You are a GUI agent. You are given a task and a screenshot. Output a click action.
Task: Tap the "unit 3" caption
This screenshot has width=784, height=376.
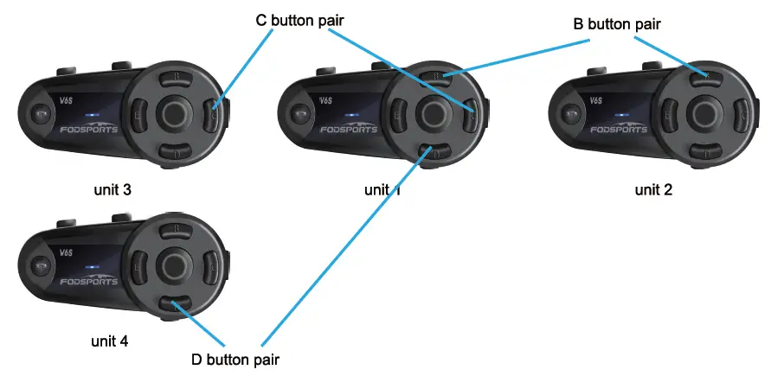pyautogui.click(x=113, y=188)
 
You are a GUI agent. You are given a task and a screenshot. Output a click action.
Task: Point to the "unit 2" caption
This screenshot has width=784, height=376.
pyautogui.click(x=653, y=190)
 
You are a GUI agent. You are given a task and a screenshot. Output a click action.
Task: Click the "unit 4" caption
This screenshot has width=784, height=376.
pyautogui.click(x=111, y=341)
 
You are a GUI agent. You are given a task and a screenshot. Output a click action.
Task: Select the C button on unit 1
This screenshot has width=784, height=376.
pyautogui.click(x=471, y=112)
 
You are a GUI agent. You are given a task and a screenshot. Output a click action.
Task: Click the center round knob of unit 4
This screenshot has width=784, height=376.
pyautogui.click(x=175, y=264)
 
